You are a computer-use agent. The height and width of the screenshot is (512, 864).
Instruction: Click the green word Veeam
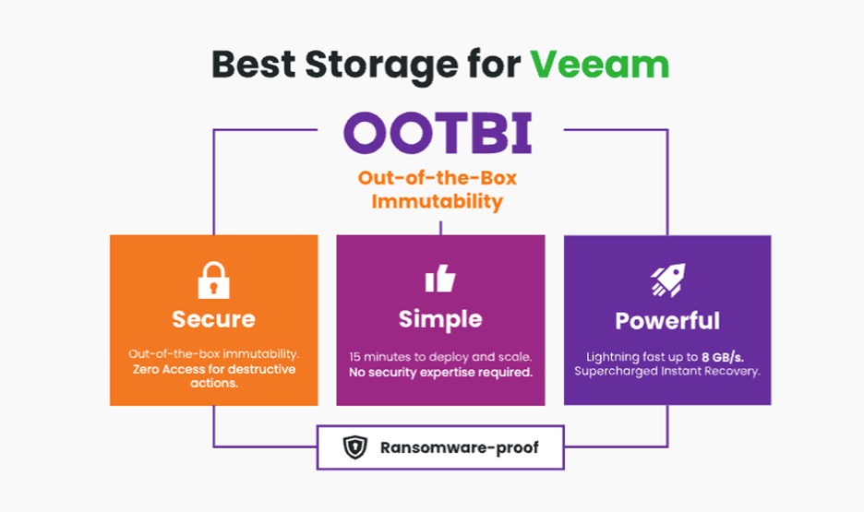click(x=599, y=65)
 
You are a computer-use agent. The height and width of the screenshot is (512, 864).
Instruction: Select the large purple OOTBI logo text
click(x=438, y=133)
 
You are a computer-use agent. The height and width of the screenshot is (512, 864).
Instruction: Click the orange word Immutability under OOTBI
click(x=437, y=202)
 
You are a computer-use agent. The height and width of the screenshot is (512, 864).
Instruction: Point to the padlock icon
click(x=213, y=280)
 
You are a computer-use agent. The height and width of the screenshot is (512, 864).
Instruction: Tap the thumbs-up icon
click(x=440, y=278)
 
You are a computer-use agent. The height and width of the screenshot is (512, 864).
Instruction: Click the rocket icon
click(x=667, y=280)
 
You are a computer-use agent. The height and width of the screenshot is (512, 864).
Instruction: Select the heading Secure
click(x=214, y=319)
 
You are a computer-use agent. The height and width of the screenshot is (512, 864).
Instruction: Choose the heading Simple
click(x=440, y=320)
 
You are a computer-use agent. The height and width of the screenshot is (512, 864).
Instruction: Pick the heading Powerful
click(x=667, y=321)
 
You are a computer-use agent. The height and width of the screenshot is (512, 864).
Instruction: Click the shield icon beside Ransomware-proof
click(x=355, y=447)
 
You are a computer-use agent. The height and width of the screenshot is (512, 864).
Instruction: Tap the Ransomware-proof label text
click(x=460, y=447)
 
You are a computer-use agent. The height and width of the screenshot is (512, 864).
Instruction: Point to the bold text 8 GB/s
click(x=723, y=357)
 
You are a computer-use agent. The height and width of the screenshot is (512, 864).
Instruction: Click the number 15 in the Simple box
click(x=354, y=357)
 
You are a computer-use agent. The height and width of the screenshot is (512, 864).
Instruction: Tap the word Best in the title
click(x=254, y=65)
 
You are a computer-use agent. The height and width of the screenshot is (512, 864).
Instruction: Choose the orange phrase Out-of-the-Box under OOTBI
click(x=438, y=178)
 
